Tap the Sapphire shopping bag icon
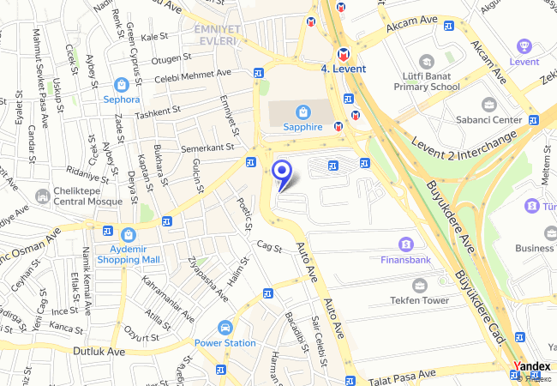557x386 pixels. (302, 112)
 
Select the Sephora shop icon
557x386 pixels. (121, 85)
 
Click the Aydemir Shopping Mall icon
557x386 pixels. (129, 234)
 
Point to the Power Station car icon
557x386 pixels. (225, 328)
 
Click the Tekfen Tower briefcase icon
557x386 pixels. (419, 285)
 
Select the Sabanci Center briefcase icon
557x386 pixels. (488, 105)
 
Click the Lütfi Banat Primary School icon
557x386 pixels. (427, 62)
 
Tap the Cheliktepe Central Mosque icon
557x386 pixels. (42, 197)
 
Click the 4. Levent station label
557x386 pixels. (343, 69)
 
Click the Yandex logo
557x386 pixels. (531, 366)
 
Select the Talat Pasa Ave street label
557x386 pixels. (401, 376)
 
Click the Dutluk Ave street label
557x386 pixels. (99, 352)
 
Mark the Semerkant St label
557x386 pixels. (207, 148)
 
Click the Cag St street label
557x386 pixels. (268, 247)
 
